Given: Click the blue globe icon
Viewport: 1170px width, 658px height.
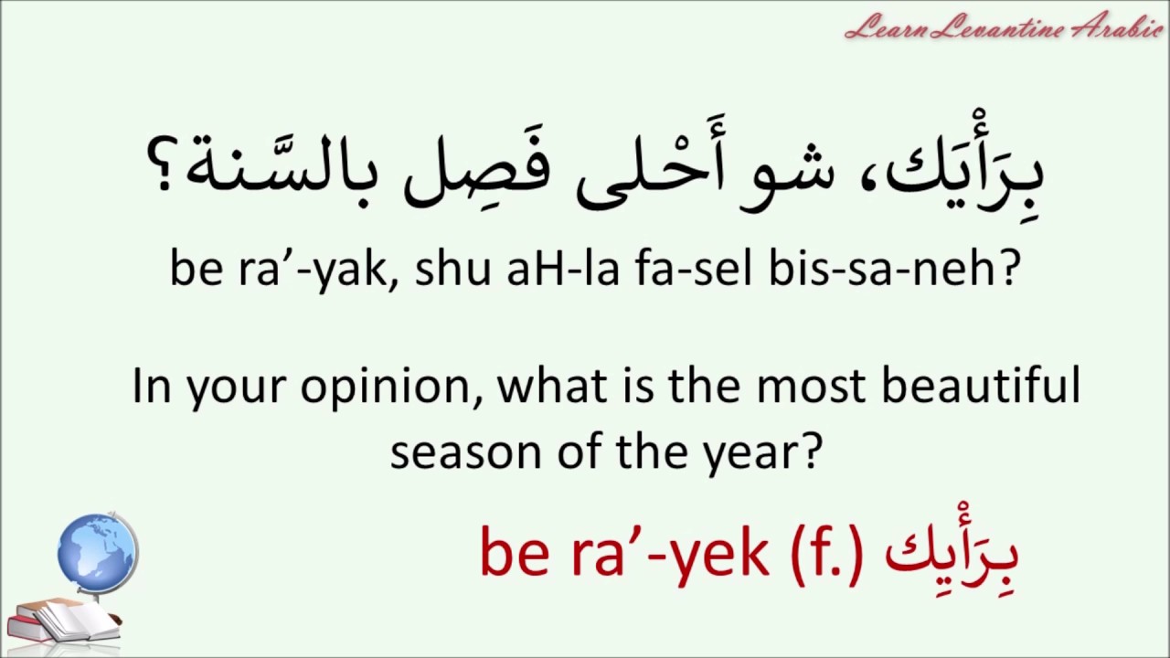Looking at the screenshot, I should [x=96, y=553].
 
